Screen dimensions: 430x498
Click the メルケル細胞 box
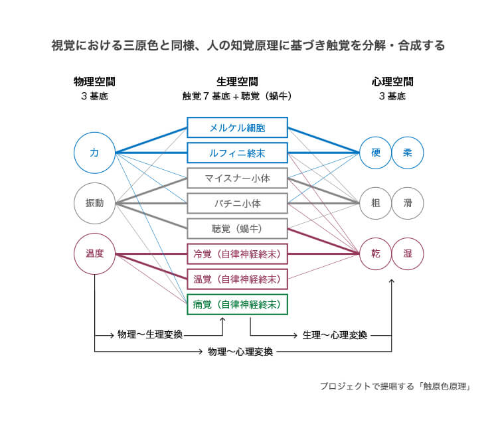point(237,127)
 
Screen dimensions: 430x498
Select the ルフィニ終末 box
point(237,153)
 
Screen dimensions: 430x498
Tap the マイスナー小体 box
point(237,178)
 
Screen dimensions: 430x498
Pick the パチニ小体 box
point(237,203)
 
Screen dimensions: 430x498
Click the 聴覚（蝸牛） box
point(237,228)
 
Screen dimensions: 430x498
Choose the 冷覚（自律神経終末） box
point(237,253)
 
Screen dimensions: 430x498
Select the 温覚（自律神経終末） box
point(237,279)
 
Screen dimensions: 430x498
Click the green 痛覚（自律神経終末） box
point(237,304)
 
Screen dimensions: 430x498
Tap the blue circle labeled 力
point(94,153)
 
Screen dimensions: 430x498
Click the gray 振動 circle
point(94,203)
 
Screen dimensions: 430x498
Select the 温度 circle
point(94,253)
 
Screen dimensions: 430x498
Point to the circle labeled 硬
point(375,153)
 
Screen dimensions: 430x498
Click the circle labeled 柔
point(407,153)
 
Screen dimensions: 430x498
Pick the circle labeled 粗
point(375,203)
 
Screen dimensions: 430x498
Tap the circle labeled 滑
point(407,203)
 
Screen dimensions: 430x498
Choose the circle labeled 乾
point(375,253)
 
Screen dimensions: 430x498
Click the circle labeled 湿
point(407,253)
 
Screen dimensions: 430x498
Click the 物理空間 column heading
point(94,82)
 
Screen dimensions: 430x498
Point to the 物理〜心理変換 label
point(240,352)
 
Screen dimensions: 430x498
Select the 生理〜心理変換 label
point(334,334)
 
